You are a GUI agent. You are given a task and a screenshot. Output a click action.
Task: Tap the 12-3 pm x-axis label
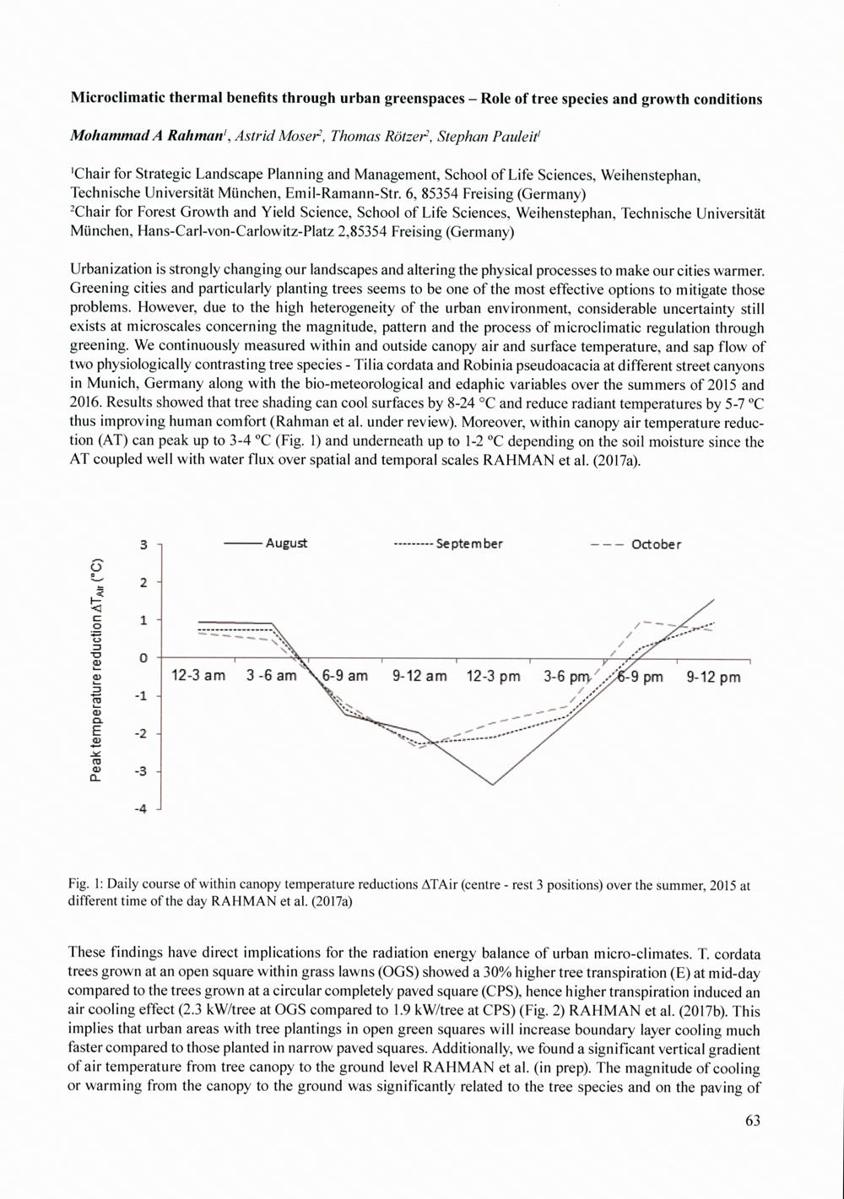493,676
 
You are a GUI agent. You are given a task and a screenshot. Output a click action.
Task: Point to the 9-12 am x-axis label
419,676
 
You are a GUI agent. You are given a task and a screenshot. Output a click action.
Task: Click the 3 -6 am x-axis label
271,676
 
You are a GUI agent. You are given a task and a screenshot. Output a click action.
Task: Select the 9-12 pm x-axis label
713,677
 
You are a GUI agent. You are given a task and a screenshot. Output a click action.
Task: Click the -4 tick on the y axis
143,809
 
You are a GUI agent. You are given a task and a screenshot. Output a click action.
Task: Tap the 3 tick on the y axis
144,545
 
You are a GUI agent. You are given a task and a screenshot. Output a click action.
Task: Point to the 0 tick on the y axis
144,657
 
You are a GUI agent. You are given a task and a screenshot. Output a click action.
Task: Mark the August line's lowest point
493,785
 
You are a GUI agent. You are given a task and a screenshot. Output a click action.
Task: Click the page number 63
753,1121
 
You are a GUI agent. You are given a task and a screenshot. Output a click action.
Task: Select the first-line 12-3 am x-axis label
198,676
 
